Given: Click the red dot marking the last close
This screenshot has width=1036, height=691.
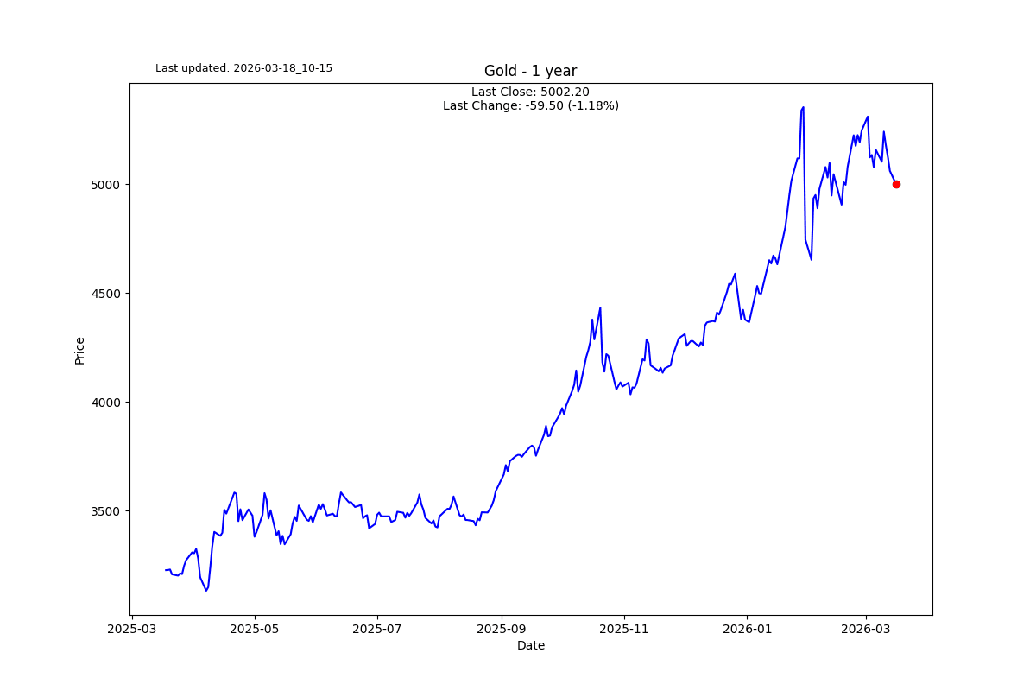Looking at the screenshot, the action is (x=896, y=184).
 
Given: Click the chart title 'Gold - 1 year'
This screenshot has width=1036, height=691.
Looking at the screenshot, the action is (x=530, y=71).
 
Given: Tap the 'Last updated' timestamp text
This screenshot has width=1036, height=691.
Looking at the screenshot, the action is (x=243, y=68).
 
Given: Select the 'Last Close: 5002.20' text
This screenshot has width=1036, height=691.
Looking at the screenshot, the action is (x=530, y=92).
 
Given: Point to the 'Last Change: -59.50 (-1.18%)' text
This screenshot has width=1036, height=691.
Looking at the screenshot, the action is (x=530, y=105).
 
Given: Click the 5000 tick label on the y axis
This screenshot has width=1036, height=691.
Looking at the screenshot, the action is (x=105, y=185).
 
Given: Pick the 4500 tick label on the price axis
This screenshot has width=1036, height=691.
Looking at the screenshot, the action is (x=105, y=294).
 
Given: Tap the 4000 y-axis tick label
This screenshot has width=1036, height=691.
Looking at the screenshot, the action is (x=105, y=403).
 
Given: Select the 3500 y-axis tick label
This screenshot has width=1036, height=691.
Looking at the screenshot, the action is (x=105, y=511).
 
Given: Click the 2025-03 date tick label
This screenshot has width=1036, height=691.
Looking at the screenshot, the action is (x=132, y=629).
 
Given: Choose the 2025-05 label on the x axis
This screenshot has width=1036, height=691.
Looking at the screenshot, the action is (x=255, y=629).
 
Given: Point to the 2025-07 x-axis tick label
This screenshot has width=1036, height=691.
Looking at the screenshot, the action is (x=377, y=629).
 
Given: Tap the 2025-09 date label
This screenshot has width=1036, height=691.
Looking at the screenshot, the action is (x=502, y=629).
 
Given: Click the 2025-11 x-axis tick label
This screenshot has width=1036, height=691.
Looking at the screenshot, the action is (x=624, y=629).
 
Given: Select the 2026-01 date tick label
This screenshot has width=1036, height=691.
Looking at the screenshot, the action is (x=748, y=629).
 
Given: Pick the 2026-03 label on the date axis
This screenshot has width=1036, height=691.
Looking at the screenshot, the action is (x=866, y=629).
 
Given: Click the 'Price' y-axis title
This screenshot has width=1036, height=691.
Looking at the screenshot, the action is (x=79, y=351).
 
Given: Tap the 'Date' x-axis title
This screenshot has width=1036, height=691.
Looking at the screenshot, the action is (x=530, y=645).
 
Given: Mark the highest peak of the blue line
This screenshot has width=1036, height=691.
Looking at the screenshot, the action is (x=804, y=107).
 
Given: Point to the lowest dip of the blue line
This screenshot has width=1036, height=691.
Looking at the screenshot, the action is (x=206, y=591).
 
